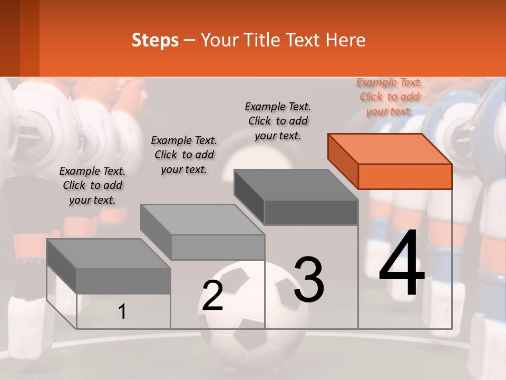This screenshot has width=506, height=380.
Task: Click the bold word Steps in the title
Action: pyautogui.click(x=155, y=40)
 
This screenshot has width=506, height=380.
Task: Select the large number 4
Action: pyautogui.click(x=402, y=263)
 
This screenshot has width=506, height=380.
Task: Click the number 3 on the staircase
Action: pyautogui.click(x=309, y=280)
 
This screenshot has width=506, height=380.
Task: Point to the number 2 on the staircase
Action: pyautogui.click(x=213, y=296)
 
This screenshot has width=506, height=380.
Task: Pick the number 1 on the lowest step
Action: pyautogui.click(x=122, y=312)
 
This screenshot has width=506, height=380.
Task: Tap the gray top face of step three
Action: pyautogui.click(x=295, y=185)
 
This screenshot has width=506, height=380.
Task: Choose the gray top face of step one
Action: pyautogui.click(x=108, y=253)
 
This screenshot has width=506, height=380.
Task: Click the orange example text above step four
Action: pyautogui.click(x=389, y=97)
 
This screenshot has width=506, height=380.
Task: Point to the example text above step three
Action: pyautogui.click(x=278, y=121)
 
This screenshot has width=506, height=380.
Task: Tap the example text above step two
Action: pyautogui.click(x=184, y=155)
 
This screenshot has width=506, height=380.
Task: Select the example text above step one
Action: pyautogui.click(x=92, y=185)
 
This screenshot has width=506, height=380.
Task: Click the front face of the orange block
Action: pyautogui.click(x=405, y=176)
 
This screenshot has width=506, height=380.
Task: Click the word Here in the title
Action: pyautogui.click(x=346, y=40)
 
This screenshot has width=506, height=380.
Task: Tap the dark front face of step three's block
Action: pyautogui.click(x=311, y=213)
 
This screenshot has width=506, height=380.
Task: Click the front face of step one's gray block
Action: pyautogui.click(x=123, y=280)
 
